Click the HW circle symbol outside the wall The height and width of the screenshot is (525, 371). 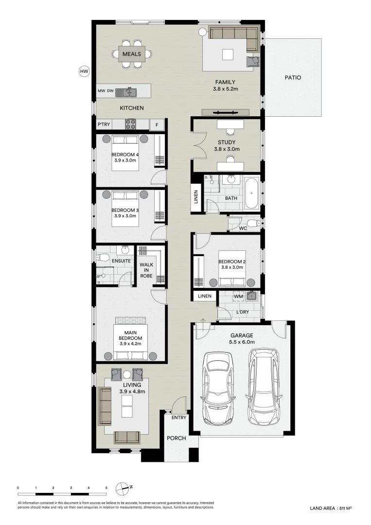pyautogui.click(x=84, y=71)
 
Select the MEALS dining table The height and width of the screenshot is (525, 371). pyautogui.click(x=132, y=53)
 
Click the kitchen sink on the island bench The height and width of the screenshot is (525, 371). pyautogui.click(x=129, y=91)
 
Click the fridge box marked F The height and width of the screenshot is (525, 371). pyautogui.click(x=157, y=124)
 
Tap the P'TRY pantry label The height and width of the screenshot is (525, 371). pyautogui.click(x=103, y=124)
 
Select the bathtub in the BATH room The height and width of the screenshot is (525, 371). pyautogui.click(x=252, y=194)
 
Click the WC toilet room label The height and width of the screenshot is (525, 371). pyautogui.click(x=243, y=227)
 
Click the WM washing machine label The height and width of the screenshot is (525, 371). pyautogui.click(x=238, y=296)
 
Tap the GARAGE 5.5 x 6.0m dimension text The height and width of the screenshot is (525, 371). pyautogui.click(x=242, y=342)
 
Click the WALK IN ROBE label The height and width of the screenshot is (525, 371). pyautogui.click(x=146, y=270)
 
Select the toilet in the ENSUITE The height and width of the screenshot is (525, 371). pyautogui.click(x=102, y=258)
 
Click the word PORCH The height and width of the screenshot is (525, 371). pyautogui.click(x=177, y=438)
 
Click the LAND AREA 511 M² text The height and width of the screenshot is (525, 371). pyautogui.click(x=330, y=508)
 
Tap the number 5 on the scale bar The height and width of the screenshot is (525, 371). pyautogui.click(x=106, y=487)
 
